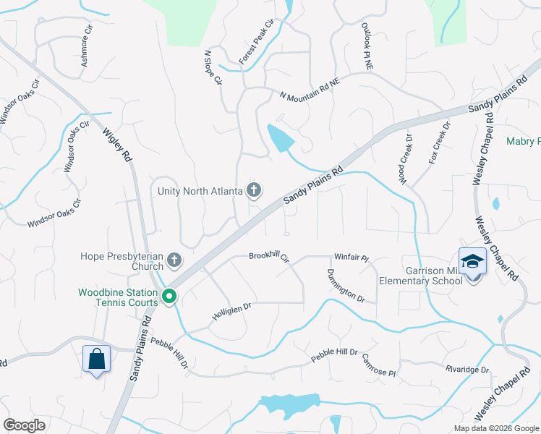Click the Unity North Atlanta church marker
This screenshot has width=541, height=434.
[x=253, y=190]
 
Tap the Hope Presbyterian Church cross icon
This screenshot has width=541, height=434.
[x=174, y=259]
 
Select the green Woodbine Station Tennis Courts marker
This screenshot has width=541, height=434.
[x=169, y=296]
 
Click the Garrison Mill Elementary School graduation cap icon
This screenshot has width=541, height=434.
[x=472, y=261]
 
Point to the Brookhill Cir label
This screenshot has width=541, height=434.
[x=268, y=257]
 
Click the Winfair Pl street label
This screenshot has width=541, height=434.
[x=352, y=258]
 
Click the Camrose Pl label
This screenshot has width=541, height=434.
[x=379, y=365]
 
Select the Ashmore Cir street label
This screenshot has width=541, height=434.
[x=88, y=46]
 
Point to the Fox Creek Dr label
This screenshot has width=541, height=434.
[x=439, y=142]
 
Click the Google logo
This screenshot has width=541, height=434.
[x=25, y=425]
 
